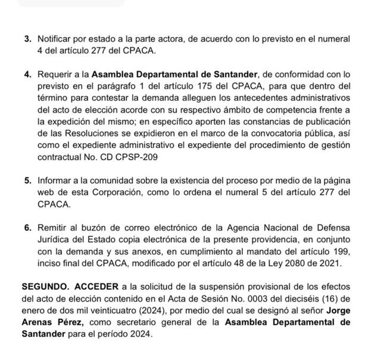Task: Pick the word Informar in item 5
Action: [x=56, y=179]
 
